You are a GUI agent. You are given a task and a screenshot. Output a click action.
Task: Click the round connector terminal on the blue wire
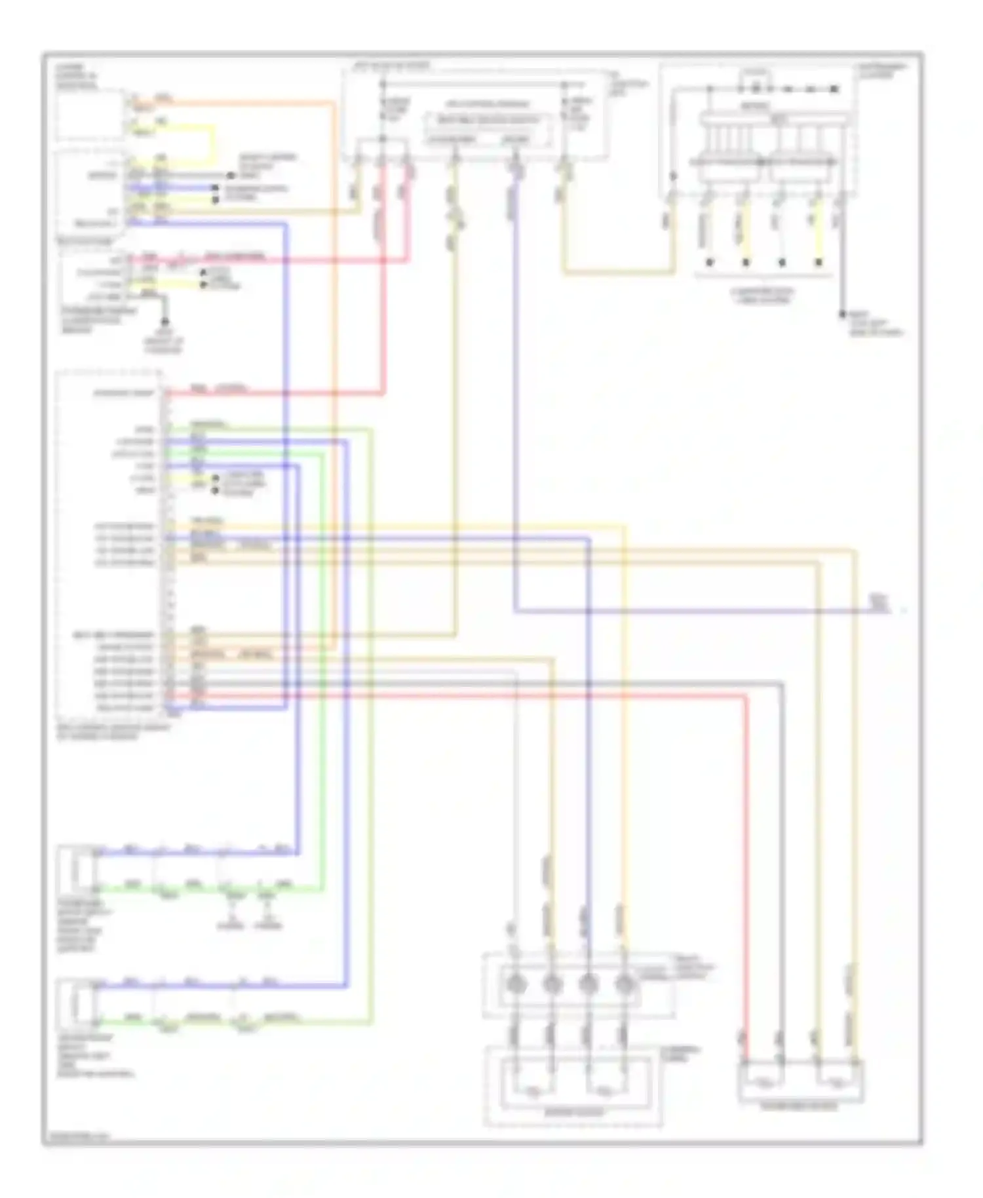click(588, 984)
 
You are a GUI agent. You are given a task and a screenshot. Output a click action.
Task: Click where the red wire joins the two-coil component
click(745, 1060)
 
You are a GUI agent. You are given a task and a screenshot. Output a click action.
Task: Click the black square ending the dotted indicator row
click(834, 88)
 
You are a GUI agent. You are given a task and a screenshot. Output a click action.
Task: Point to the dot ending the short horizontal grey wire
click(230, 176)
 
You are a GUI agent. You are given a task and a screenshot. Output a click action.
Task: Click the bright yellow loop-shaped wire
click(213, 144)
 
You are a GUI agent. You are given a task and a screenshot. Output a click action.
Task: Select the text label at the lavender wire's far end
click(878, 603)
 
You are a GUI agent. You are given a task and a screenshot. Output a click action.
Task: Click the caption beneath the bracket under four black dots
click(763, 296)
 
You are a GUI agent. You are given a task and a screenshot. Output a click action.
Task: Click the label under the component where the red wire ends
click(798, 1107)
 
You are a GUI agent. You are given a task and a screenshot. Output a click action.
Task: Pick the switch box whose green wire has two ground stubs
click(76, 871)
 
